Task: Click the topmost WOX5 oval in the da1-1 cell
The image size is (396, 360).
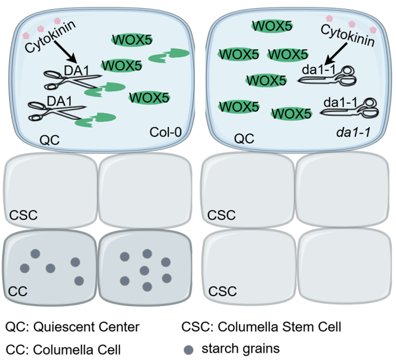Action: pos(270,25)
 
